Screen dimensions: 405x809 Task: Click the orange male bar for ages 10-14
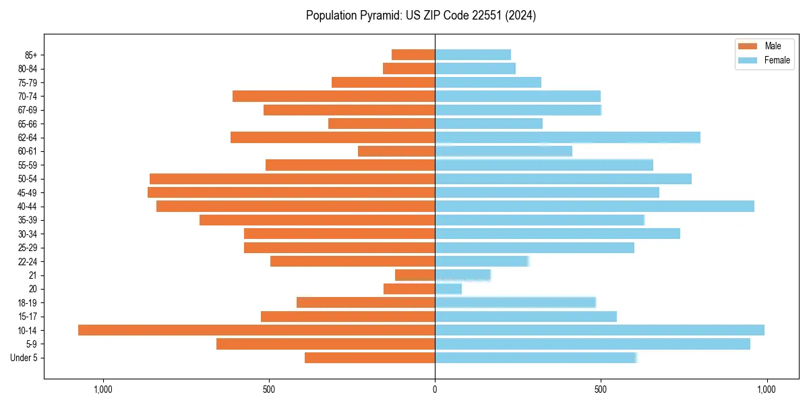[256, 330]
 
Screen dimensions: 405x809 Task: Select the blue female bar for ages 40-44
[594, 207]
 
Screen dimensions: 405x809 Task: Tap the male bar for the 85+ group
[413, 55]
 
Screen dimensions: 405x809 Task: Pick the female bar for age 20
[448, 289]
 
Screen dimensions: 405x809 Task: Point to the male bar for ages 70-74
[334, 97]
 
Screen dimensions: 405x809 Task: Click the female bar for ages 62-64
[567, 138]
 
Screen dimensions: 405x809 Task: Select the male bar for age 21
[415, 275]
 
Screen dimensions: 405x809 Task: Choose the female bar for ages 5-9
[592, 344]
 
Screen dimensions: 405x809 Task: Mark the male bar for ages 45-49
[291, 193]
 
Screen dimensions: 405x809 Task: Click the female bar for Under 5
[536, 358]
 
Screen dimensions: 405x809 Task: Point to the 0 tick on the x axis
[435, 389]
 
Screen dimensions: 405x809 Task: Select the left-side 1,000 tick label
[103, 389]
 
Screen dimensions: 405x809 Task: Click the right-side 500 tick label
[601, 389]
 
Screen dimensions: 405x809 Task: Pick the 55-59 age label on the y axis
[28, 165]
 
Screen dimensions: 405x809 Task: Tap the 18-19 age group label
[28, 303]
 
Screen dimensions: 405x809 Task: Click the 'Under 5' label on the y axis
[24, 358]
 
